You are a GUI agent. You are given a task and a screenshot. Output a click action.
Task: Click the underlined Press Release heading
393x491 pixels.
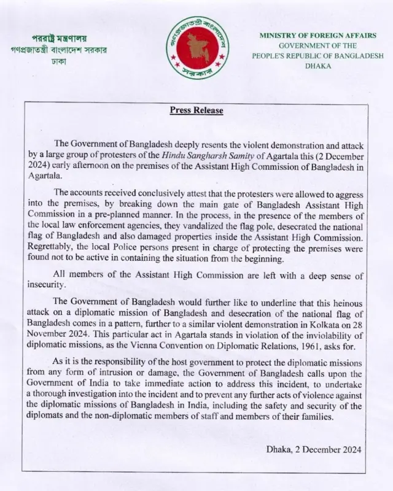(196, 110)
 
